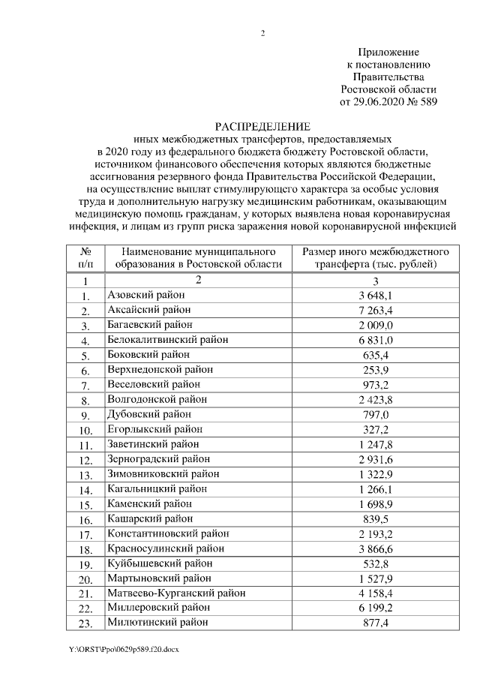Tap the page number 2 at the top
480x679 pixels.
(x=263, y=33)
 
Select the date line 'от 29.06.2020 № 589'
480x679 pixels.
(x=388, y=101)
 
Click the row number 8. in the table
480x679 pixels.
(x=86, y=400)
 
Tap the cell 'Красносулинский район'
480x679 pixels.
(x=161, y=548)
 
